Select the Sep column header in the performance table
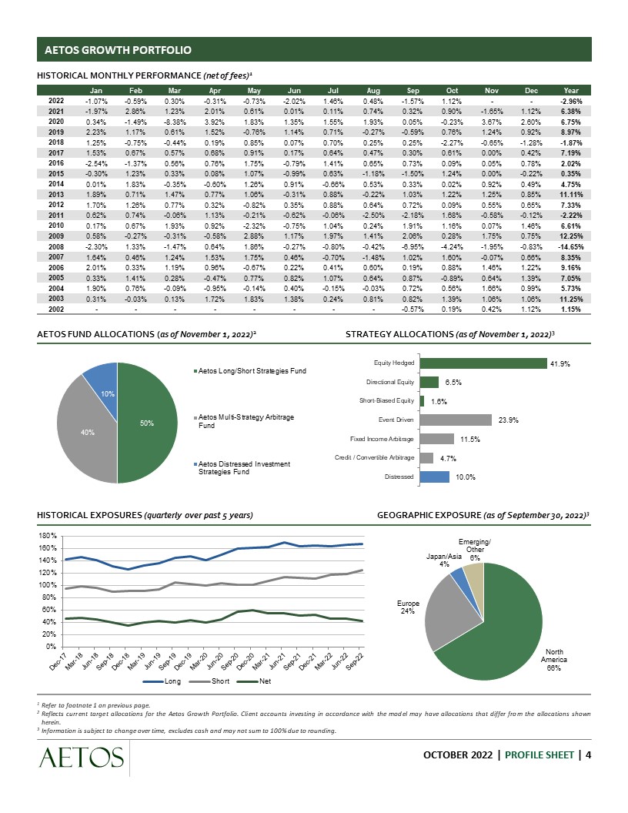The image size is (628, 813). [412, 90]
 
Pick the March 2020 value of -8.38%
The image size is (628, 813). [174, 122]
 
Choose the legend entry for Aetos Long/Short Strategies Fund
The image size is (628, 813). [252, 371]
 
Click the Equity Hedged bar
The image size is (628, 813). [483, 363]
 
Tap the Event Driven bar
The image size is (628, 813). [456, 420]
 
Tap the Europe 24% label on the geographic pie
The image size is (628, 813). [407, 607]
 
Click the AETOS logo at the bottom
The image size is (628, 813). [78, 760]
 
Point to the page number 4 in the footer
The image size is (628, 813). [588, 754]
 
